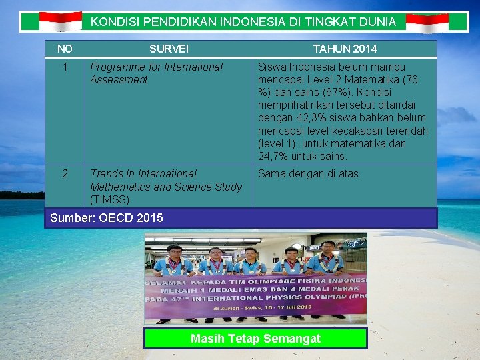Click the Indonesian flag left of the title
coord(61,22)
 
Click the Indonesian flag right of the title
coord(427,23)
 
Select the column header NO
coord(65,49)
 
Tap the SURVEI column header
coord(169,49)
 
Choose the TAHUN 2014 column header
coord(345,49)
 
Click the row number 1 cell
coord(65,67)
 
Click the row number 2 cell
coord(65,173)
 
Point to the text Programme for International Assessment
coord(157,73)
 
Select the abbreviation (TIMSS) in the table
coord(109,199)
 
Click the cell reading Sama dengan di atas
coord(308,173)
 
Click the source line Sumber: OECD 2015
coord(107,217)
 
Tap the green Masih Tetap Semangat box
coord(255,339)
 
